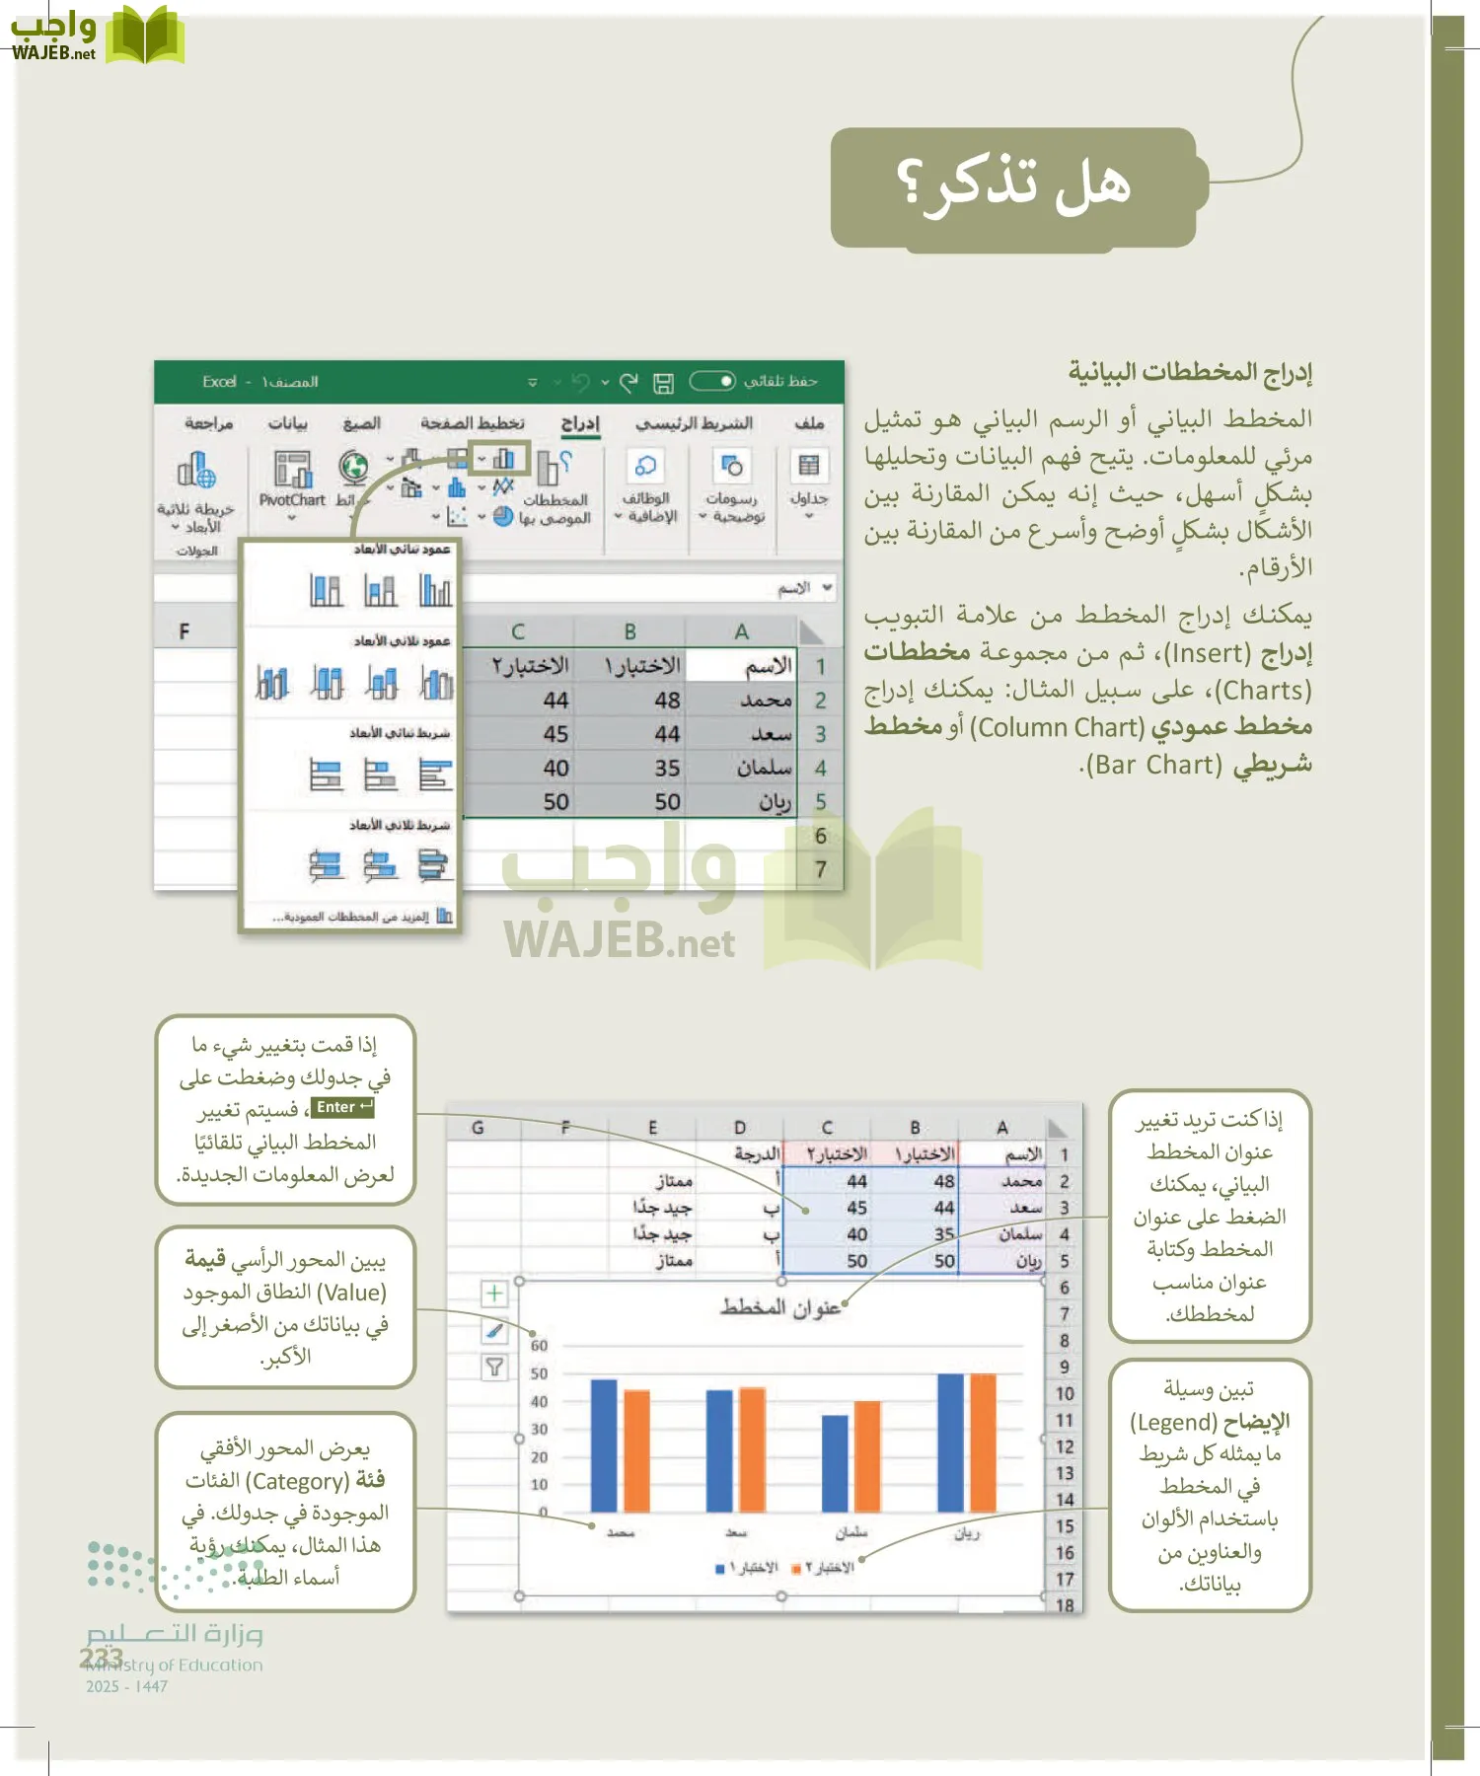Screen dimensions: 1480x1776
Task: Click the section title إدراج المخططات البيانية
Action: pos(1190,372)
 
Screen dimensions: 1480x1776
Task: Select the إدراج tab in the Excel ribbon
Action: pos(580,423)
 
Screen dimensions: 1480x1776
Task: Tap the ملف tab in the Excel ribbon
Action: pos(809,423)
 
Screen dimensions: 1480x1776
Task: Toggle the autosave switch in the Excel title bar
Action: pos(712,381)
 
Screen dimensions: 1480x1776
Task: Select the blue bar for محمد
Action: pos(603,1444)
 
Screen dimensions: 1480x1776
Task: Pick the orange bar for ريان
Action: pos(983,1442)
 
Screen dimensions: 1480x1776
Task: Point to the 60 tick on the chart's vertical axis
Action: pos(539,1346)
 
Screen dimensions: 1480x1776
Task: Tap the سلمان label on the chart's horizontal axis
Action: pos(851,1533)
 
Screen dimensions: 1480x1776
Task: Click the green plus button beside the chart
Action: pos(494,1294)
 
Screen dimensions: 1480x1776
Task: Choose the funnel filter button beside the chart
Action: pos(494,1367)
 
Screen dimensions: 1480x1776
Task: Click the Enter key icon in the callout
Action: pos(342,1108)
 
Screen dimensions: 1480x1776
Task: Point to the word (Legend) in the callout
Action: pos(1173,1422)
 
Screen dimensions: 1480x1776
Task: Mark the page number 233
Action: pos(101,1658)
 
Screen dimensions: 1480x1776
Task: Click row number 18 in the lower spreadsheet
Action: pos(1064,1604)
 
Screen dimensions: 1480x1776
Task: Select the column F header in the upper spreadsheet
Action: pos(185,631)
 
